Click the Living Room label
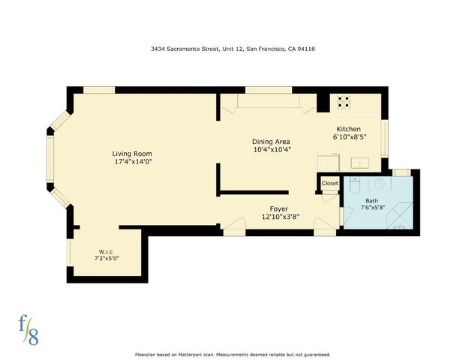[133, 153]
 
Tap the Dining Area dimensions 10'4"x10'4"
[272, 149]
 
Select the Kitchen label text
[348, 129]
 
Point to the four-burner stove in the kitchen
[344, 101]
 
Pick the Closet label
[330, 183]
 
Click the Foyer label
[278, 208]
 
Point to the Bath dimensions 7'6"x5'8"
[373, 208]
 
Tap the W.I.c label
[106, 250]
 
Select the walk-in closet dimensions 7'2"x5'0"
[106, 258]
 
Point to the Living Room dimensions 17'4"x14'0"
[133, 161]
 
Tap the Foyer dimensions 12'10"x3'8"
[278, 217]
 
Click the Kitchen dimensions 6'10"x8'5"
[349, 137]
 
